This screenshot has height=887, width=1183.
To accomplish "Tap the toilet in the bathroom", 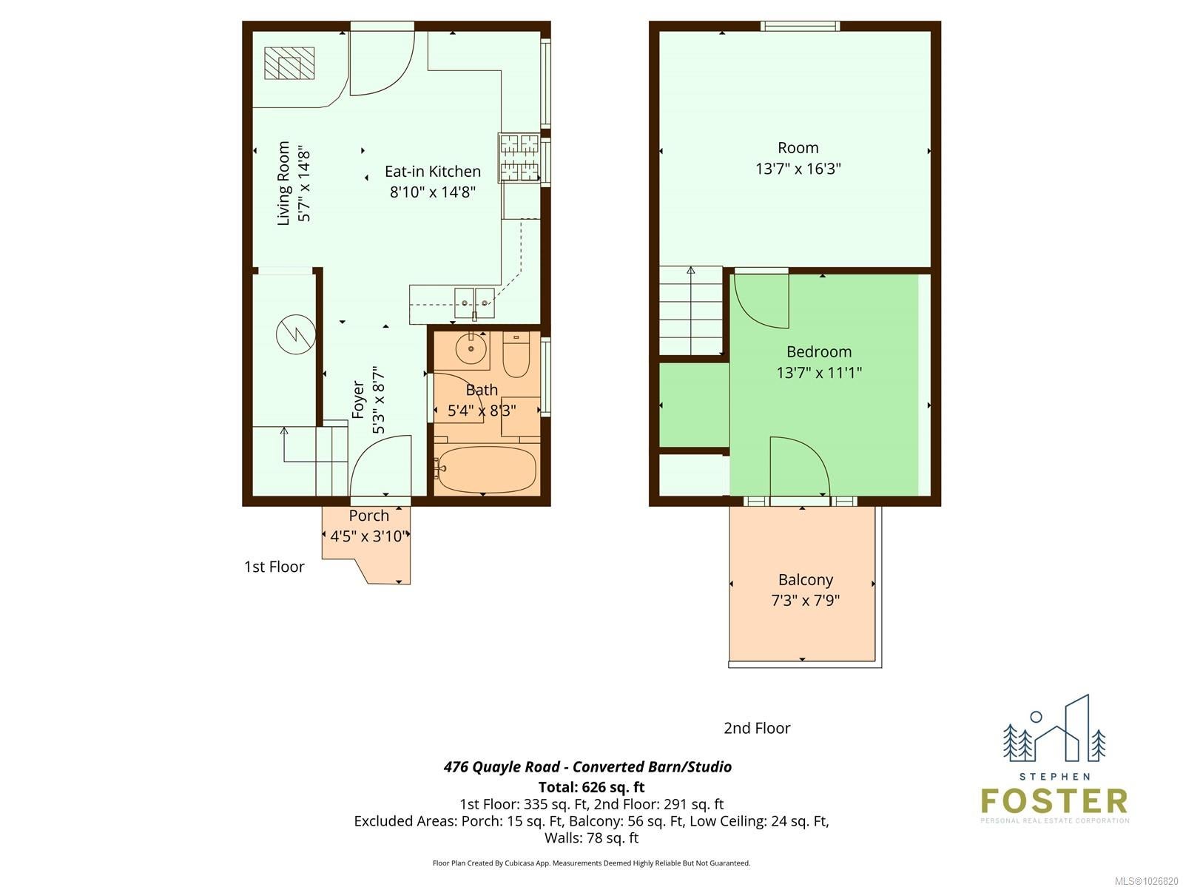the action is click(516, 354).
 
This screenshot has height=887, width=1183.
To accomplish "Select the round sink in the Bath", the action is click(471, 348).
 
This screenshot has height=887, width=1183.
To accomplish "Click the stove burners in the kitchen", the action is click(519, 158).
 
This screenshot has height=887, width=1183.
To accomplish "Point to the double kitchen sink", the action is click(474, 303).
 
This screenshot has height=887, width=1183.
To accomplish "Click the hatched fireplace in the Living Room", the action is click(289, 63).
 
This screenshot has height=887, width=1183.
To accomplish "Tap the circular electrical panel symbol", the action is click(296, 334).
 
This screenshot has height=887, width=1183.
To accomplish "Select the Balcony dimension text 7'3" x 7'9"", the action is click(805, 600).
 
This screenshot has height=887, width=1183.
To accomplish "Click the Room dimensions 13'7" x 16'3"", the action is click(798, 169).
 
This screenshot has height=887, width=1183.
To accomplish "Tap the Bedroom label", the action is click(819, 352).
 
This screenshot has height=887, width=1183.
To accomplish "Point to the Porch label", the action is click(368, 516).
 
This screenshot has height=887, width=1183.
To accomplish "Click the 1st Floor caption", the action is click(274, 567).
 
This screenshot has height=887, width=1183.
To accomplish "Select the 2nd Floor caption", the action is click(757, 728).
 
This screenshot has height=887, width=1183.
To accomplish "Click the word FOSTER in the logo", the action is click(1054, 801).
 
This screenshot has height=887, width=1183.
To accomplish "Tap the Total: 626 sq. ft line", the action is click(591, 787).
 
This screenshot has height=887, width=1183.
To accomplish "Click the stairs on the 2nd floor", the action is click(691, 311).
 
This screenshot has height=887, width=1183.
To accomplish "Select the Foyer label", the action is click(358, 399).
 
